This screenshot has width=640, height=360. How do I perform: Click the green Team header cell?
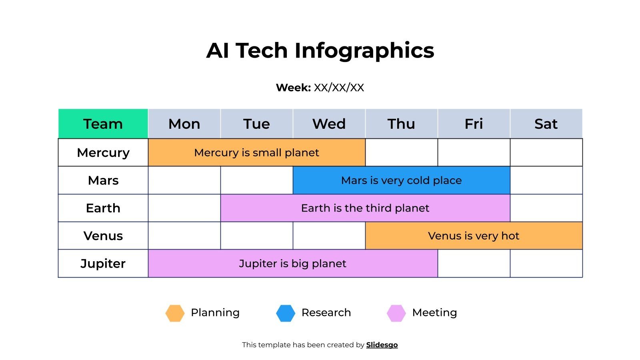[x=103, y=124]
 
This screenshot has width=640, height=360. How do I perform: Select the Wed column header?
[x=329, y=124]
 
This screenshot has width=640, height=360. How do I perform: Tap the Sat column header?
[x=546, y=124]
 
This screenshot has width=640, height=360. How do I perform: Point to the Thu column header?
[x=401, y=124]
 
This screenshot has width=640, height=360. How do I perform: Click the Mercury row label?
[x=103, y=152]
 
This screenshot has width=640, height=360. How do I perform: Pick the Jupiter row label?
[x=103, y=263]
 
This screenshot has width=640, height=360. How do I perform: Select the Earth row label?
[x=103, y=208]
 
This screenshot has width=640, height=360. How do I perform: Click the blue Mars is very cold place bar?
[x=401, y=180]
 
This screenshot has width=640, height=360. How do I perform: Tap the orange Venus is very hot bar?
[x=474, y=236]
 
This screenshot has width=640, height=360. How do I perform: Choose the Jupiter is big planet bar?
[x=292, y=263]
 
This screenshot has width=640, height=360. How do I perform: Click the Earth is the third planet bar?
[x=365, y=208]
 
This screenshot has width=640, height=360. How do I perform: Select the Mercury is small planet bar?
[x=256, y=152]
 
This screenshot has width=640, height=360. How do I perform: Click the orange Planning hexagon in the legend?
[x=175, y=313]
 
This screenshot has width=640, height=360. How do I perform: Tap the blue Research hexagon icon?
[x=286, y=313]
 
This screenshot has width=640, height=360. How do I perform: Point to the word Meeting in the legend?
[x=434, y=312]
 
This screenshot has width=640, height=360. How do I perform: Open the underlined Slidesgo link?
[x=382, y=345]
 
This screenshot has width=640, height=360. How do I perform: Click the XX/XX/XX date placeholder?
[x=339, y=88]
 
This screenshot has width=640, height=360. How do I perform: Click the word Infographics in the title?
[x=364, y=51]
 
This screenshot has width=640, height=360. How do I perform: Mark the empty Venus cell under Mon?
[x=184, y=236]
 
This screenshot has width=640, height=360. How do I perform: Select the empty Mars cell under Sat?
[x=546, y=180]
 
